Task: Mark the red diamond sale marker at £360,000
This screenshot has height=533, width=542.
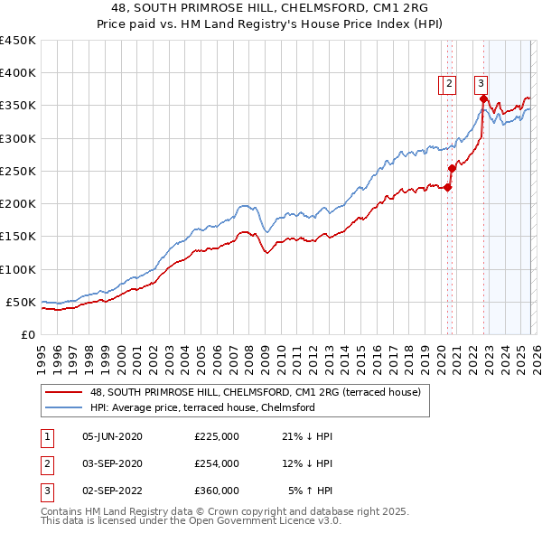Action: coord(483,99)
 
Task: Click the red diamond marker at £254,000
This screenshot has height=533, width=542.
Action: coord(452,168)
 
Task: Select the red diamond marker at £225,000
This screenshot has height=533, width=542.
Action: coord(448,187)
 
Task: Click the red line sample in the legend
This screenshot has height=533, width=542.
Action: coord(65,392)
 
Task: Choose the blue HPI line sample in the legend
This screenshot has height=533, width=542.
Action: coord(65,408)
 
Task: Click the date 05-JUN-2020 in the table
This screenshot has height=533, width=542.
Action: coord(112,436)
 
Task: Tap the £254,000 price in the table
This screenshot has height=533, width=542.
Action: coord(217,463)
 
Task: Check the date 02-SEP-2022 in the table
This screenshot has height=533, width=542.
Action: coord(112,491)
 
